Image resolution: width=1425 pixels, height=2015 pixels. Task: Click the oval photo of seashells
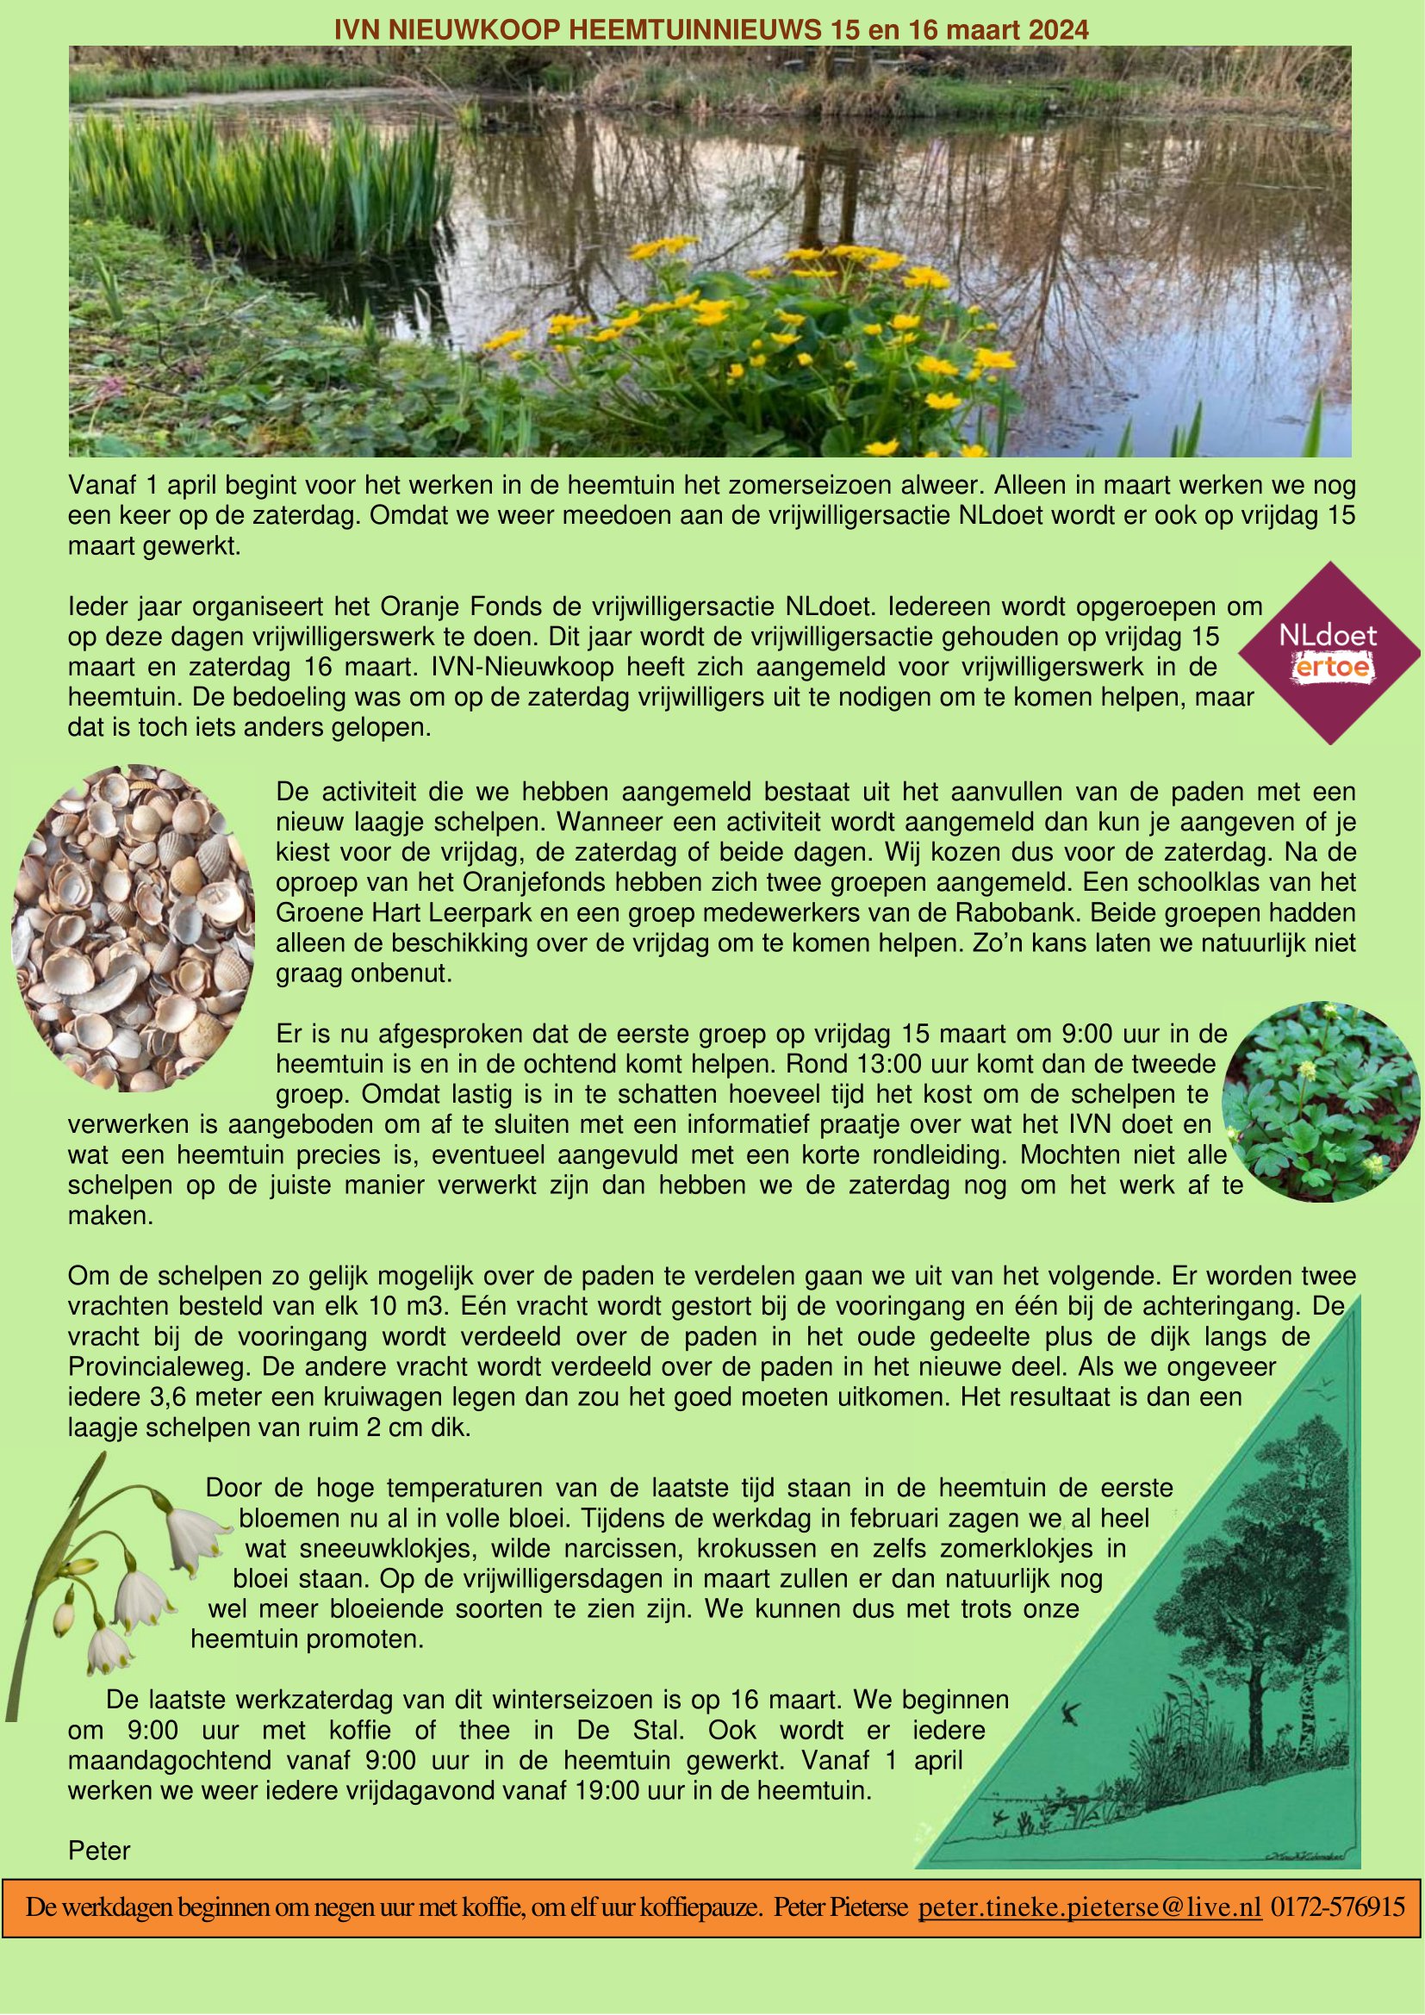(134, 927)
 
